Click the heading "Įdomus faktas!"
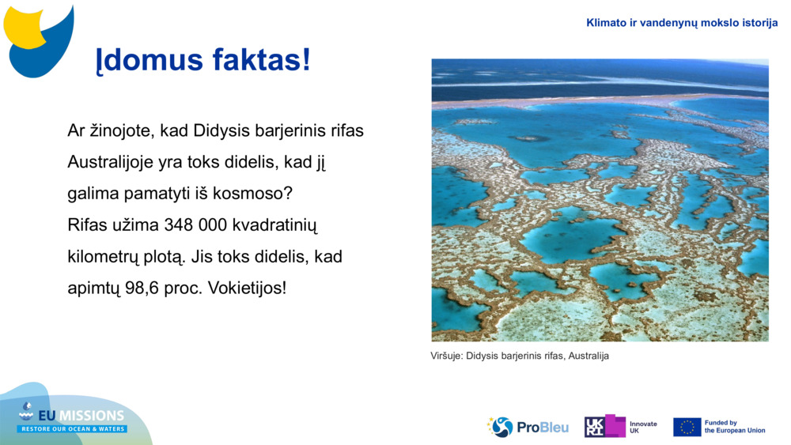pos(202,60)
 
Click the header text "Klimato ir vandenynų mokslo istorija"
pos(682,23)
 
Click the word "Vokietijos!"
pos(247,288)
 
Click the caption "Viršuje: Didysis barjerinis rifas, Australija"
pos(520,356)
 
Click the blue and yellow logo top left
pos(39,40)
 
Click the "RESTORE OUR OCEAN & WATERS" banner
pos(73,429)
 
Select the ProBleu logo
pos(528,427)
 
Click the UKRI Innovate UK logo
pos(621,427)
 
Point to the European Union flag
pos(687,427)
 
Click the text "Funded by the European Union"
pos(734,427)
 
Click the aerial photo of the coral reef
pos(600,200)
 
